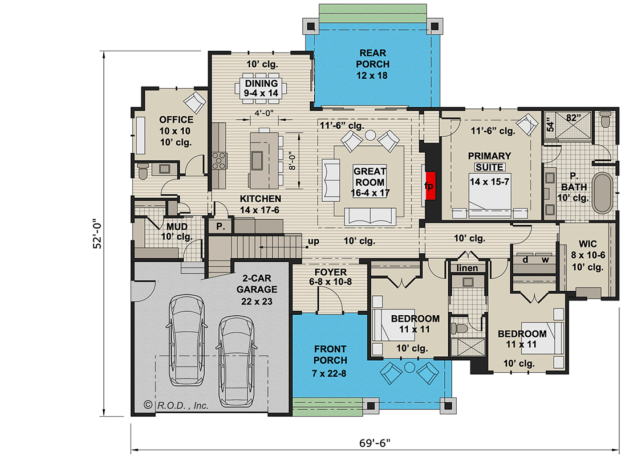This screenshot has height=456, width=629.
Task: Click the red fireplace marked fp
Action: [x=430, y=185]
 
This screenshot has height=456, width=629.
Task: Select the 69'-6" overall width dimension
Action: [x=375, y=442]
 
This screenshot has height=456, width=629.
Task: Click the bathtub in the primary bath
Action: [x=602, y=193]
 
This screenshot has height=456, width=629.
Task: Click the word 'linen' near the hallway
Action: [x=468, y=268]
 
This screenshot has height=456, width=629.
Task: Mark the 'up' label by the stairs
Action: [x=313, y=242]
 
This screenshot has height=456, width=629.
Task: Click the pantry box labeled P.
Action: [x=220, y=227]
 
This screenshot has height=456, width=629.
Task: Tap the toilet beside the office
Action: [x=143, y=169]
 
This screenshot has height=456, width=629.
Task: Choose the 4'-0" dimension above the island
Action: [x=263, y=113]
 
